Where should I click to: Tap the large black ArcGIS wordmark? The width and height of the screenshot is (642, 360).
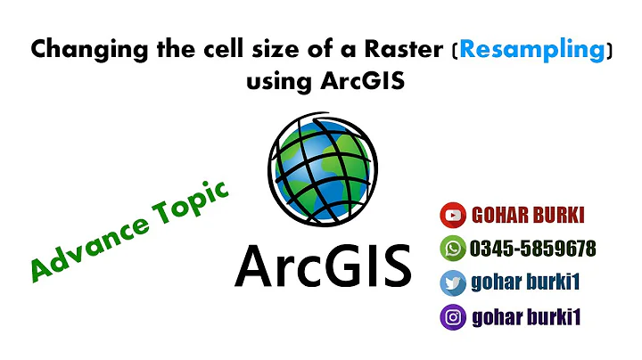coord(322,265)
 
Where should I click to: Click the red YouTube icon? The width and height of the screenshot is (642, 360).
coord(452,216)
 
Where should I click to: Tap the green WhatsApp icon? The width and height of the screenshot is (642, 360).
coord(452,249)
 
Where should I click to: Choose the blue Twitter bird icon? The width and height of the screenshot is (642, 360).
coord(452,282)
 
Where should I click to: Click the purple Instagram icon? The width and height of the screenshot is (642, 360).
coord(452,316)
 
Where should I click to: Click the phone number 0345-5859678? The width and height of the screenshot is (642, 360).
coord(532,249)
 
